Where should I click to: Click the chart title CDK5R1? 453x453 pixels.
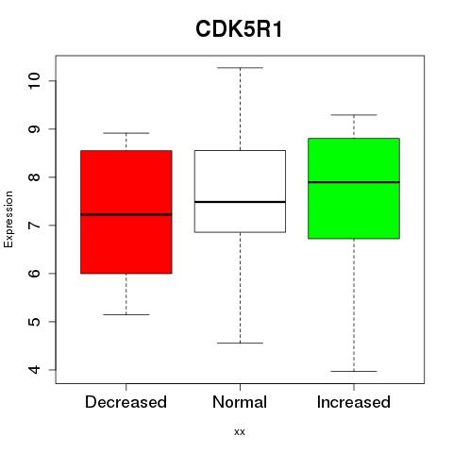pos(239,29)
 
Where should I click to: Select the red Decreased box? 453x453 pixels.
pos(126,211)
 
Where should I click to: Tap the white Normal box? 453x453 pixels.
pos(240,192)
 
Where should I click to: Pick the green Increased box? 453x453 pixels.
pos(354,188)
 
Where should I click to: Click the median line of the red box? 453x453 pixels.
pos(126,214)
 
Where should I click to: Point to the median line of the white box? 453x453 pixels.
pos(240,202)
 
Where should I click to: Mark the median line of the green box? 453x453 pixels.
pos(354,182)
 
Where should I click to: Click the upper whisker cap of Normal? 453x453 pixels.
pos(240,68)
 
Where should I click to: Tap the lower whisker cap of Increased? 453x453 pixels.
pos(354,371)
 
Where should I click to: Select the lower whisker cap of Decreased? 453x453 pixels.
pos(126,314)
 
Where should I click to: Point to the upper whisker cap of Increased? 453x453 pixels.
pos(354,115)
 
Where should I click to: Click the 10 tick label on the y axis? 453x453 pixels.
pos(34,81)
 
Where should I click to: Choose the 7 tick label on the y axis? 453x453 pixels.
pos(34,226)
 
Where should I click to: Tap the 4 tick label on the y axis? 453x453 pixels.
pos(34,370)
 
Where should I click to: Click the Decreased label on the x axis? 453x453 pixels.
pos(126,402)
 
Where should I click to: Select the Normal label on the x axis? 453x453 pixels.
pos(240,402)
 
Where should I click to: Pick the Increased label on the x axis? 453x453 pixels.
pos(354,402)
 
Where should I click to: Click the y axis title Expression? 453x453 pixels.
pos(8,219)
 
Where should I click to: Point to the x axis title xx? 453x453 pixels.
pos(240,432)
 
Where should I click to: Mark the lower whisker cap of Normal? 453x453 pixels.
pos(240,343)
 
